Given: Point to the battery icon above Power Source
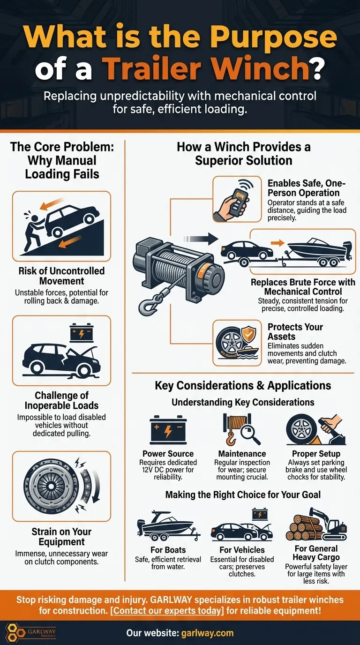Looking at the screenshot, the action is [168, 430].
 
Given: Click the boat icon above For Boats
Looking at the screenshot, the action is [168, 525].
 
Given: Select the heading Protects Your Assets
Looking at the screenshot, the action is [295, 331].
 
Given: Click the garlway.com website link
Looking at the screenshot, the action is [207, 633].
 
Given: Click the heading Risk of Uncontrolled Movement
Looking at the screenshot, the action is [61, 276].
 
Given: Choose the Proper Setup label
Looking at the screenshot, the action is [316, 454].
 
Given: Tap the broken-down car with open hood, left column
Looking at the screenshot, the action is [61, 359].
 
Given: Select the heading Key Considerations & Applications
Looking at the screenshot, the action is [243, 385].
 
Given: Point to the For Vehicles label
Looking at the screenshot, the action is [242, 550].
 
